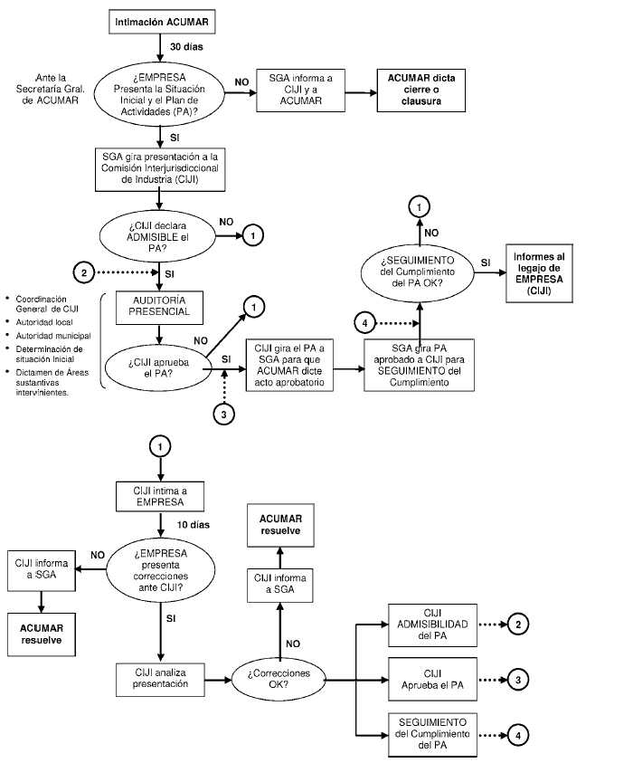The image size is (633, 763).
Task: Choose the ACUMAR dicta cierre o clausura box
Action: point(421,90)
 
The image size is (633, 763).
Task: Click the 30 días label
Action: point(186,45)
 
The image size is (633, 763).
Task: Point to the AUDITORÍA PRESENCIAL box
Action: point(161,305)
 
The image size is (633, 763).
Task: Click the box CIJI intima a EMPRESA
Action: point(160,496)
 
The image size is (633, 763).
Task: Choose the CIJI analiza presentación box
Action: point(159,679)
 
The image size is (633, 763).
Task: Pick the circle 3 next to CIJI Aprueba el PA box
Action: point(516,678)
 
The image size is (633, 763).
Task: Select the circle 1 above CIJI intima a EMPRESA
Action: point(160,446)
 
